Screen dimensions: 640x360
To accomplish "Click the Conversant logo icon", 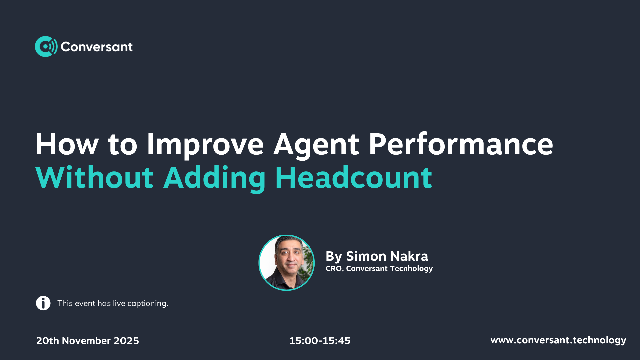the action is (46, 46).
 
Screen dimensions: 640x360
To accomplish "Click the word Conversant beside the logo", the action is (97, 47).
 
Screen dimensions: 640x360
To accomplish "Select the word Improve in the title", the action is (205, 144).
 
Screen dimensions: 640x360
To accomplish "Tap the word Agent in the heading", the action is (316, 145).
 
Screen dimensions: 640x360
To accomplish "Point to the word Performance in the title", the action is (461, 144).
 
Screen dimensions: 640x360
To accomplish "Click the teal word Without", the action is (94, 177).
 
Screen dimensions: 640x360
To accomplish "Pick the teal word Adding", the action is (215, 178).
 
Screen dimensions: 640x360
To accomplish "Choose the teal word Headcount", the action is (354, 177).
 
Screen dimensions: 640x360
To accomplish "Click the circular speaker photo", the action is (287, 263).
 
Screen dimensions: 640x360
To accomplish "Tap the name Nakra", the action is (409, 256).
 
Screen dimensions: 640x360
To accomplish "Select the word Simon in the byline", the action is (366, 256).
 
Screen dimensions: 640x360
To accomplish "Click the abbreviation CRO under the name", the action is (334, 269).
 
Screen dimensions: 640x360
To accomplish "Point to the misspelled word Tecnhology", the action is (411, 269).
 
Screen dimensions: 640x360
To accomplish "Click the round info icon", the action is (43, 303).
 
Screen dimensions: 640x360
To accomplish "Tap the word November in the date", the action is (86, 341).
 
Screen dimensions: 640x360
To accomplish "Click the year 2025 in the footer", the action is (126, 341).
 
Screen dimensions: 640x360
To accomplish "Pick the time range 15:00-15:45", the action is (320, 341).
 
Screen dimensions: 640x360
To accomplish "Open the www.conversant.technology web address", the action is (558, 340).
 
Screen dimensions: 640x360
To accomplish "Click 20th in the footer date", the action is (48, 341).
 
